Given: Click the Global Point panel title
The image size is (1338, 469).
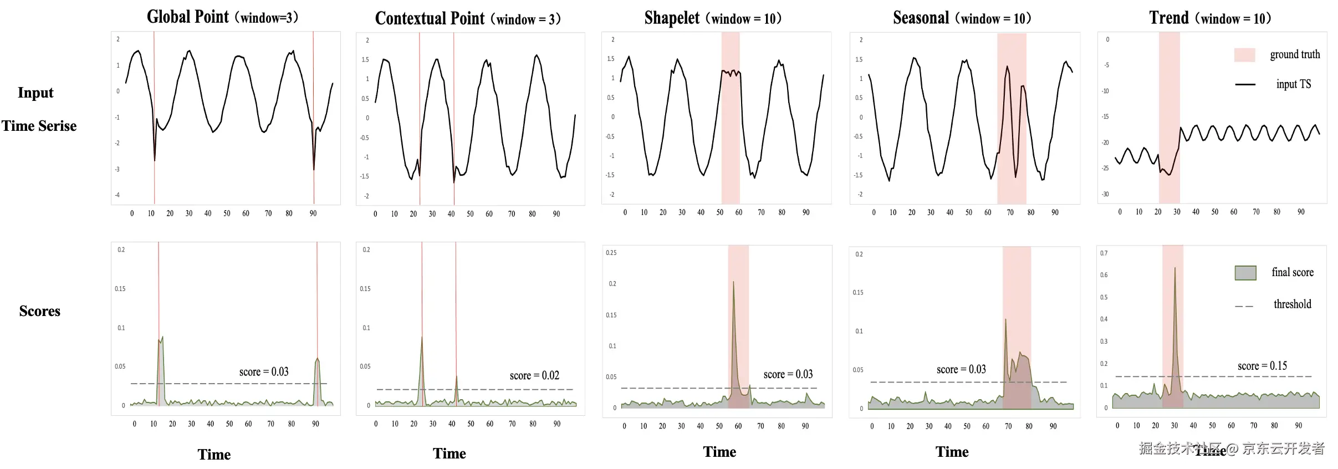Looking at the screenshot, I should (222, 17).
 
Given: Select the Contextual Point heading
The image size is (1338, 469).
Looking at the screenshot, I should (468, 19).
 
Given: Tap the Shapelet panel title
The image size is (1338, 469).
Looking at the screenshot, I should (713, 18).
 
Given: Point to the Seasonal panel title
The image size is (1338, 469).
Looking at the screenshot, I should (962, 18).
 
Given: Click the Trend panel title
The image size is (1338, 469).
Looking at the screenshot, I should (1210, 18).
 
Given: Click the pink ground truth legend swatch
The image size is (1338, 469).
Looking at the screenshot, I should (1244, 55).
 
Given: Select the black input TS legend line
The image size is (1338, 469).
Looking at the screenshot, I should (1245, 84).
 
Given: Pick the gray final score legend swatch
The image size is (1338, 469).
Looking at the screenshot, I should (1245, 273).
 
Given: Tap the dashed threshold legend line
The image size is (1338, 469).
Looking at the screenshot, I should (1244, 306).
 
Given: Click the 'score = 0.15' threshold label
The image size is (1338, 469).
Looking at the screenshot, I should (1262, 366).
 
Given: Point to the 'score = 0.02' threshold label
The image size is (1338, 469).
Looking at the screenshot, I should (534, 376).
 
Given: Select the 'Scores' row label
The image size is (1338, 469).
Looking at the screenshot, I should (40, 311).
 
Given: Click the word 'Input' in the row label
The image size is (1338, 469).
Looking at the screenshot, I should (35, 93).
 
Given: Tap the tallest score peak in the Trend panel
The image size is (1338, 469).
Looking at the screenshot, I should (1174, 269).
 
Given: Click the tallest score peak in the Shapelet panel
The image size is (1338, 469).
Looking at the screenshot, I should (733, 282).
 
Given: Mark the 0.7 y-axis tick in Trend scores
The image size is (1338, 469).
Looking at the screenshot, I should (1104, 253).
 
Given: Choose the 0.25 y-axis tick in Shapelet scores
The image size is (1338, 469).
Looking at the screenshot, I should (611, 253).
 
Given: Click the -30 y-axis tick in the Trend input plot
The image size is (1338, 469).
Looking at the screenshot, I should (1105, 194).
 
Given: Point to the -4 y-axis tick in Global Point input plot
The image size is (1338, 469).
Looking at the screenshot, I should (117, 195).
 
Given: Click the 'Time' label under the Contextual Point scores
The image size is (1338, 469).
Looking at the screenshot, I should (449, 453).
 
